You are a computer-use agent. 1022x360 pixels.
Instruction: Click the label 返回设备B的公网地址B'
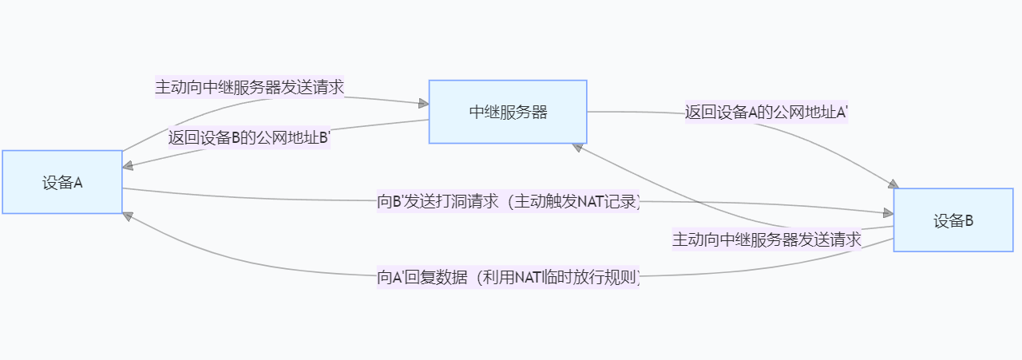[249, 137]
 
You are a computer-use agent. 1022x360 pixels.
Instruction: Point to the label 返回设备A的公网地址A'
[766, 113]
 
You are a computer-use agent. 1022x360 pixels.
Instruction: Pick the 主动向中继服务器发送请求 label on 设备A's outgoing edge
[249, 87]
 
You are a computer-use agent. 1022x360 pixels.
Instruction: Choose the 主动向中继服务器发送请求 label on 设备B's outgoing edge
[766, 239]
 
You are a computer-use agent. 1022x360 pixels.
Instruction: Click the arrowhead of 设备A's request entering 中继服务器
[422, 103]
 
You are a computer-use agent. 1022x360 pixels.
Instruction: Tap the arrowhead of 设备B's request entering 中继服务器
[578, 147]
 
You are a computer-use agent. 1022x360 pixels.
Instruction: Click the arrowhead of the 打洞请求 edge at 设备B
[887, 213]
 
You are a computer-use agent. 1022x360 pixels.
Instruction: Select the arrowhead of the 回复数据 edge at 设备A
[128, 216]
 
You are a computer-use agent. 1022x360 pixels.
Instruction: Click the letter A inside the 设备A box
[78, 183]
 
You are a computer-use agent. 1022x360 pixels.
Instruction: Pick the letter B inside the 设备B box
[969, 221]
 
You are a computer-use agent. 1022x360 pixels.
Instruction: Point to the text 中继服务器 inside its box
[508, 112]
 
